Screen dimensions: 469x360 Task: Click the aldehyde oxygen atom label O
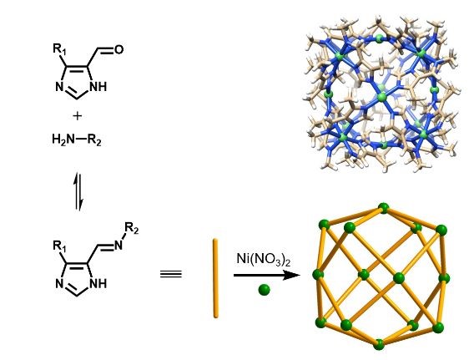click(x=119, y=49)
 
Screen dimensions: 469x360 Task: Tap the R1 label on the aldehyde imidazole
click(x=59, y=49)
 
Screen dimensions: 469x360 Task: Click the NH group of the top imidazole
click(x=98, y=87)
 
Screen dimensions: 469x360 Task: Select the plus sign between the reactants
click(x=77, y=116)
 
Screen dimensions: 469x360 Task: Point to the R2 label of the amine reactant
click(x=94, y=139)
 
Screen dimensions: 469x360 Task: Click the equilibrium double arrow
click(x=78, y=191)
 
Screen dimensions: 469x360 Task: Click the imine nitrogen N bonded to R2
click(x=119, y=245)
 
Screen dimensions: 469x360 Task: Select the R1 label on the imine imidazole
click(x=59, y=246)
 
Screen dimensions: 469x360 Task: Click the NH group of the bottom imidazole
click(x=98, y=283)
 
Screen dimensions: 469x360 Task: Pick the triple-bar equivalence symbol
click(x=171, y=274)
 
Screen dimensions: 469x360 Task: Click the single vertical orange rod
click(x=215, y=278)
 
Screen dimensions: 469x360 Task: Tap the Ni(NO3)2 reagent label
click(x=264, y=259)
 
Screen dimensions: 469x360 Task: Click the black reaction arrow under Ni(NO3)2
click(x=266, y=275)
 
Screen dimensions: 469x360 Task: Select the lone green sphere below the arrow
click(x=264, y=290)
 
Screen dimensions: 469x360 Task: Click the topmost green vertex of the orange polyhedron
click(x=383, y=208)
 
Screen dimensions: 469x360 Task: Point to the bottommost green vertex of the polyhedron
click(x=379, y=344)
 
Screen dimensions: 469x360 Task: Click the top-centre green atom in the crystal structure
click(x=379, y=38)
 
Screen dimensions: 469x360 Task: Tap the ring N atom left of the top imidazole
click(x=59, y=87)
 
